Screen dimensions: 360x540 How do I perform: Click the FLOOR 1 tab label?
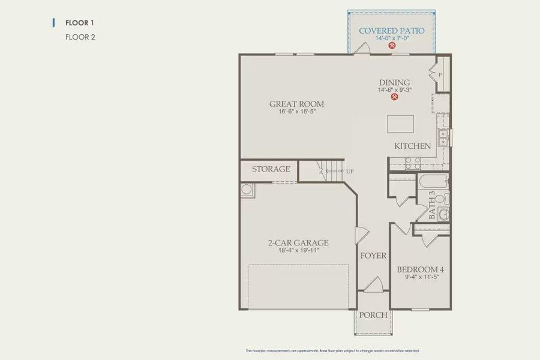point(79,23)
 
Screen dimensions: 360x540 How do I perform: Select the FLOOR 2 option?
point(80,37)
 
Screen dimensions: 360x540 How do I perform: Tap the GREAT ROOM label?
point(296,104)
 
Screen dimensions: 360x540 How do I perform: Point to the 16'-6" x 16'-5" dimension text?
point(296,112)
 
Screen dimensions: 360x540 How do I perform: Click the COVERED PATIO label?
point(391,31)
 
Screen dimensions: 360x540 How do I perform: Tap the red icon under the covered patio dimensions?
point(391,46)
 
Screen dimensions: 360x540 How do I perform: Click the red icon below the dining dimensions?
point(394,98)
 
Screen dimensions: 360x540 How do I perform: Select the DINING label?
point(394,83)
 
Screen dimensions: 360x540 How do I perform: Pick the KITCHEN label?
point(412,146)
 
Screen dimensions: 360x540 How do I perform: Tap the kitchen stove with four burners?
point(412,163)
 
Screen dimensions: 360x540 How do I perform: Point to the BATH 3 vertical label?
point(432,205)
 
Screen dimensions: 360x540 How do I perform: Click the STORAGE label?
point(271,169)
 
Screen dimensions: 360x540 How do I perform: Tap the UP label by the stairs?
point(350,172)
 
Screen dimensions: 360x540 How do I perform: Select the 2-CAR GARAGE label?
point(298,243)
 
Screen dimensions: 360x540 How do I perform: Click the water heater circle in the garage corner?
point(247,190)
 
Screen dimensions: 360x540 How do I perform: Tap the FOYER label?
point(373,256)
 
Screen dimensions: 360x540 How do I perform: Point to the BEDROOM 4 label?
point(420,270)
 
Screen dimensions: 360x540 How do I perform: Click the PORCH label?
point(373,315)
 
